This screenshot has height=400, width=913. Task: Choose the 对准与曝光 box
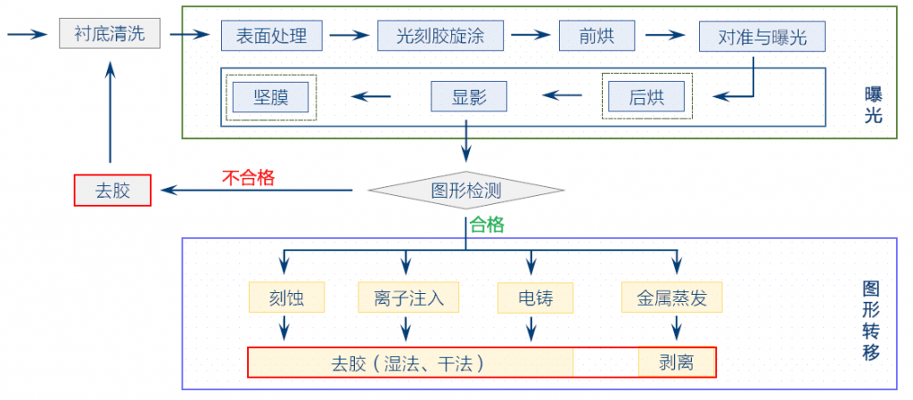[x=761, y=37]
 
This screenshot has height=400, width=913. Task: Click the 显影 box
[x=468, y=96]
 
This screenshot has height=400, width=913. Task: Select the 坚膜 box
[x=270, y=96]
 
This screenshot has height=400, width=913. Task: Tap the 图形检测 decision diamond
[x=465, y=190]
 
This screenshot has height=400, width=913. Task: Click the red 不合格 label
[x=248, y=176]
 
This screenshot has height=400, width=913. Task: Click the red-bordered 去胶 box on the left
[x=112, y=191]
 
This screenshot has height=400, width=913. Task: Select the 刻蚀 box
[x=285, y=298]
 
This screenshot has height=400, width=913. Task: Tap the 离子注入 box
[x=408, y=298]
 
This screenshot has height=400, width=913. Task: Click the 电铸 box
[x=534, y=298]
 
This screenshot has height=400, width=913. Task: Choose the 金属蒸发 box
[x=671, y=298]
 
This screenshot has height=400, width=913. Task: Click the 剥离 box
[x=677, y=363]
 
